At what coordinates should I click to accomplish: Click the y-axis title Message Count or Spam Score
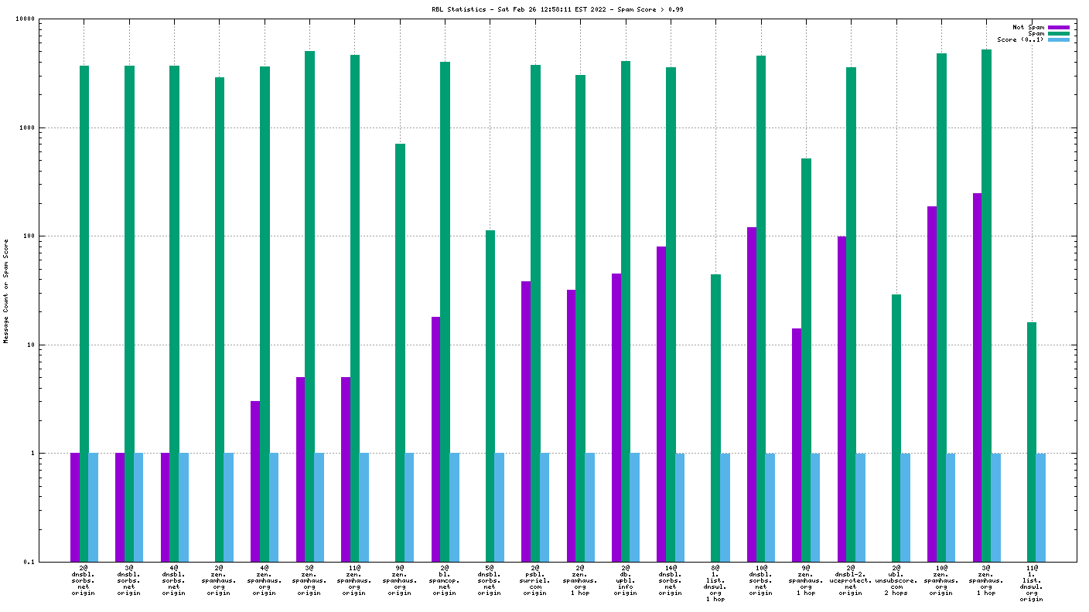click(6, 291)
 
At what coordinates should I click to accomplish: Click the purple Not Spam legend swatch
click(1059, 27)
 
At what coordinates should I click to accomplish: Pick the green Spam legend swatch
click(1059, 33)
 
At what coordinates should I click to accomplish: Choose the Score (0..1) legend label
click(1020, 39)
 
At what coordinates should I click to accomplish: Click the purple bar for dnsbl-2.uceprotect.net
click(841, 399)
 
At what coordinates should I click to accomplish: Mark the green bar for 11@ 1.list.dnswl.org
click(1031, 441)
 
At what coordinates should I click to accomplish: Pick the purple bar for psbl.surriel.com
click(526, 421)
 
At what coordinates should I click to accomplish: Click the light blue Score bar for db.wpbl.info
click(634, 507)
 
